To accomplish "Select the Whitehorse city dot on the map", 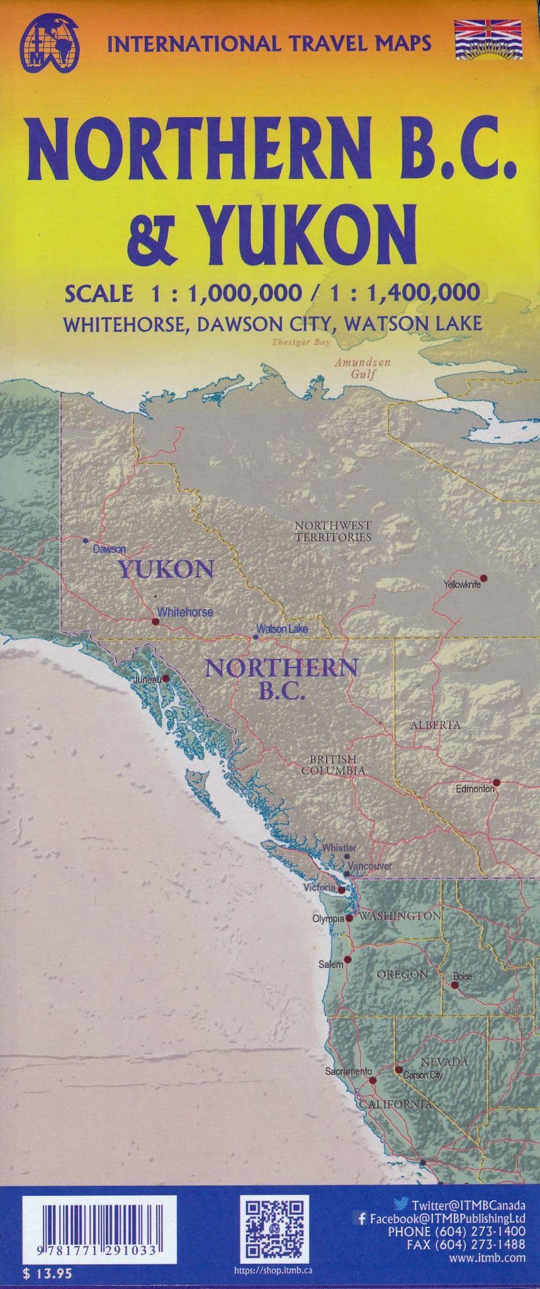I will click(155, 621).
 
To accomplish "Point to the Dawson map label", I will click(110, 549).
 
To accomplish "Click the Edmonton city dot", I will click(496, 782).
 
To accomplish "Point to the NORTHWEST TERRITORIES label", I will click(333, 531).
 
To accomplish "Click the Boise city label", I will click(463, 977).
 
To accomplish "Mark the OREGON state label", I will click(402, 974).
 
